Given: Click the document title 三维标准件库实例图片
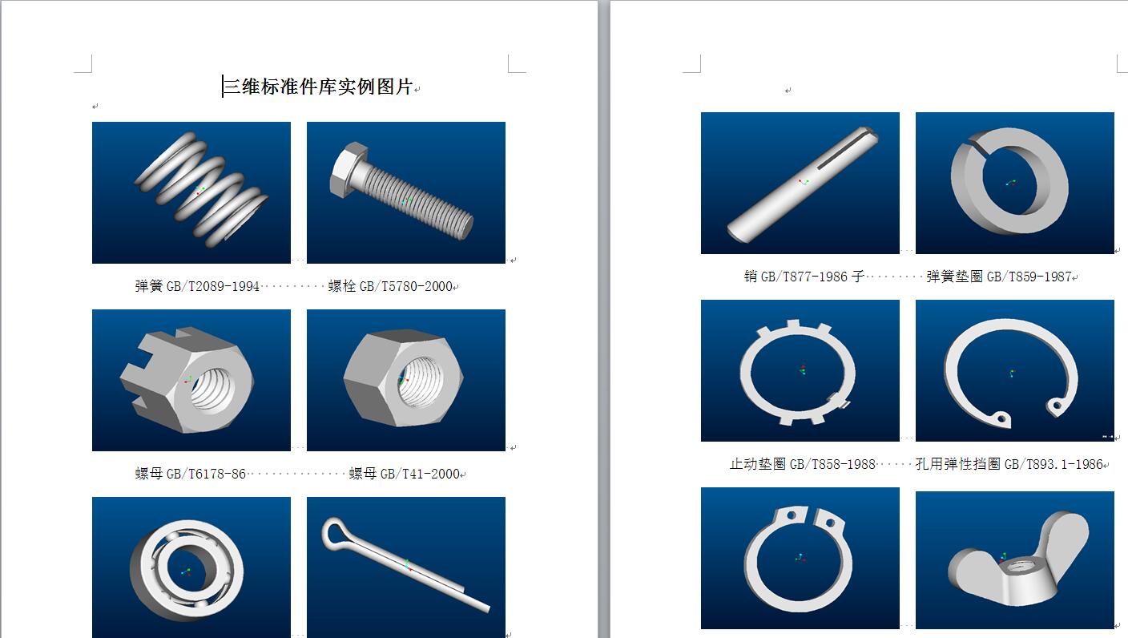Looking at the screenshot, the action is point(318,87).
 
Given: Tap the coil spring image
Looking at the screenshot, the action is point(191,192).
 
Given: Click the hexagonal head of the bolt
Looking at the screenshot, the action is point(346,169).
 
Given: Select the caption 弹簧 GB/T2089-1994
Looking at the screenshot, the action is point(197,286).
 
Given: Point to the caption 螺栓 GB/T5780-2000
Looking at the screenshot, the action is point(390,286).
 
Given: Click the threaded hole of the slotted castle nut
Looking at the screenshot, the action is point(212,388).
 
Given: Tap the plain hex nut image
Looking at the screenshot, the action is point(406,380).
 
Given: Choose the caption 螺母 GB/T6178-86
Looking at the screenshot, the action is point(191,474).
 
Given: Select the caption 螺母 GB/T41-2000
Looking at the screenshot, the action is point(405,474).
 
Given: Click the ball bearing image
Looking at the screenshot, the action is point(191,567).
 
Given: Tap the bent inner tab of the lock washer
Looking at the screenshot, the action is point(839,401).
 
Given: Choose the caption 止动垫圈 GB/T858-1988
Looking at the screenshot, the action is point(803,464).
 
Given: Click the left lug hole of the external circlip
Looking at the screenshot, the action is point(791,515).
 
